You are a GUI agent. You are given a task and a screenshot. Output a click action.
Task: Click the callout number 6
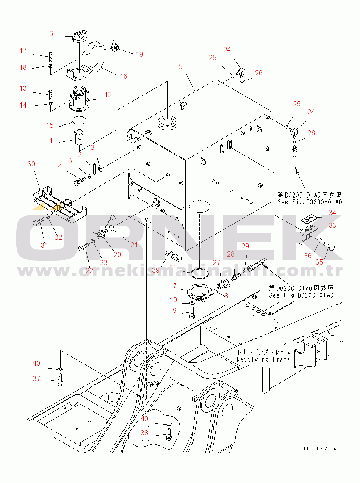click(51, 33)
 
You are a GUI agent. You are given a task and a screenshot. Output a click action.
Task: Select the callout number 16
click(123, 76)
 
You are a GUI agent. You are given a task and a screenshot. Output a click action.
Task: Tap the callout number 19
click(139, 54)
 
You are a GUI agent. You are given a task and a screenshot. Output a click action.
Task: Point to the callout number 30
click(31, 164)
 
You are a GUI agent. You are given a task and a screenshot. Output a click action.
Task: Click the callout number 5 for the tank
click(180, 66)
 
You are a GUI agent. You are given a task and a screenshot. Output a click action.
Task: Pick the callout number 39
click(155, 270)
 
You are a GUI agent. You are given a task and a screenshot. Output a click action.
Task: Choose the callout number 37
click(36, 378)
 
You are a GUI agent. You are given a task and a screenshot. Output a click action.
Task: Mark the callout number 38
click(144, 433)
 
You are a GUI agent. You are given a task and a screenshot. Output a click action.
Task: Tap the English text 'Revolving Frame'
click(263, 359)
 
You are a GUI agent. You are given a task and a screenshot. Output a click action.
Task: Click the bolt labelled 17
click(50, 54)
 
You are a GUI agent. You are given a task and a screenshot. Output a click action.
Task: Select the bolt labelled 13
click(50, 91)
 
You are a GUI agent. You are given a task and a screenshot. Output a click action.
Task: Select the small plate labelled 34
click(310, 218)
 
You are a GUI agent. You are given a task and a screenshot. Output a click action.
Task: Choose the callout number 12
click(108, 94)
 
